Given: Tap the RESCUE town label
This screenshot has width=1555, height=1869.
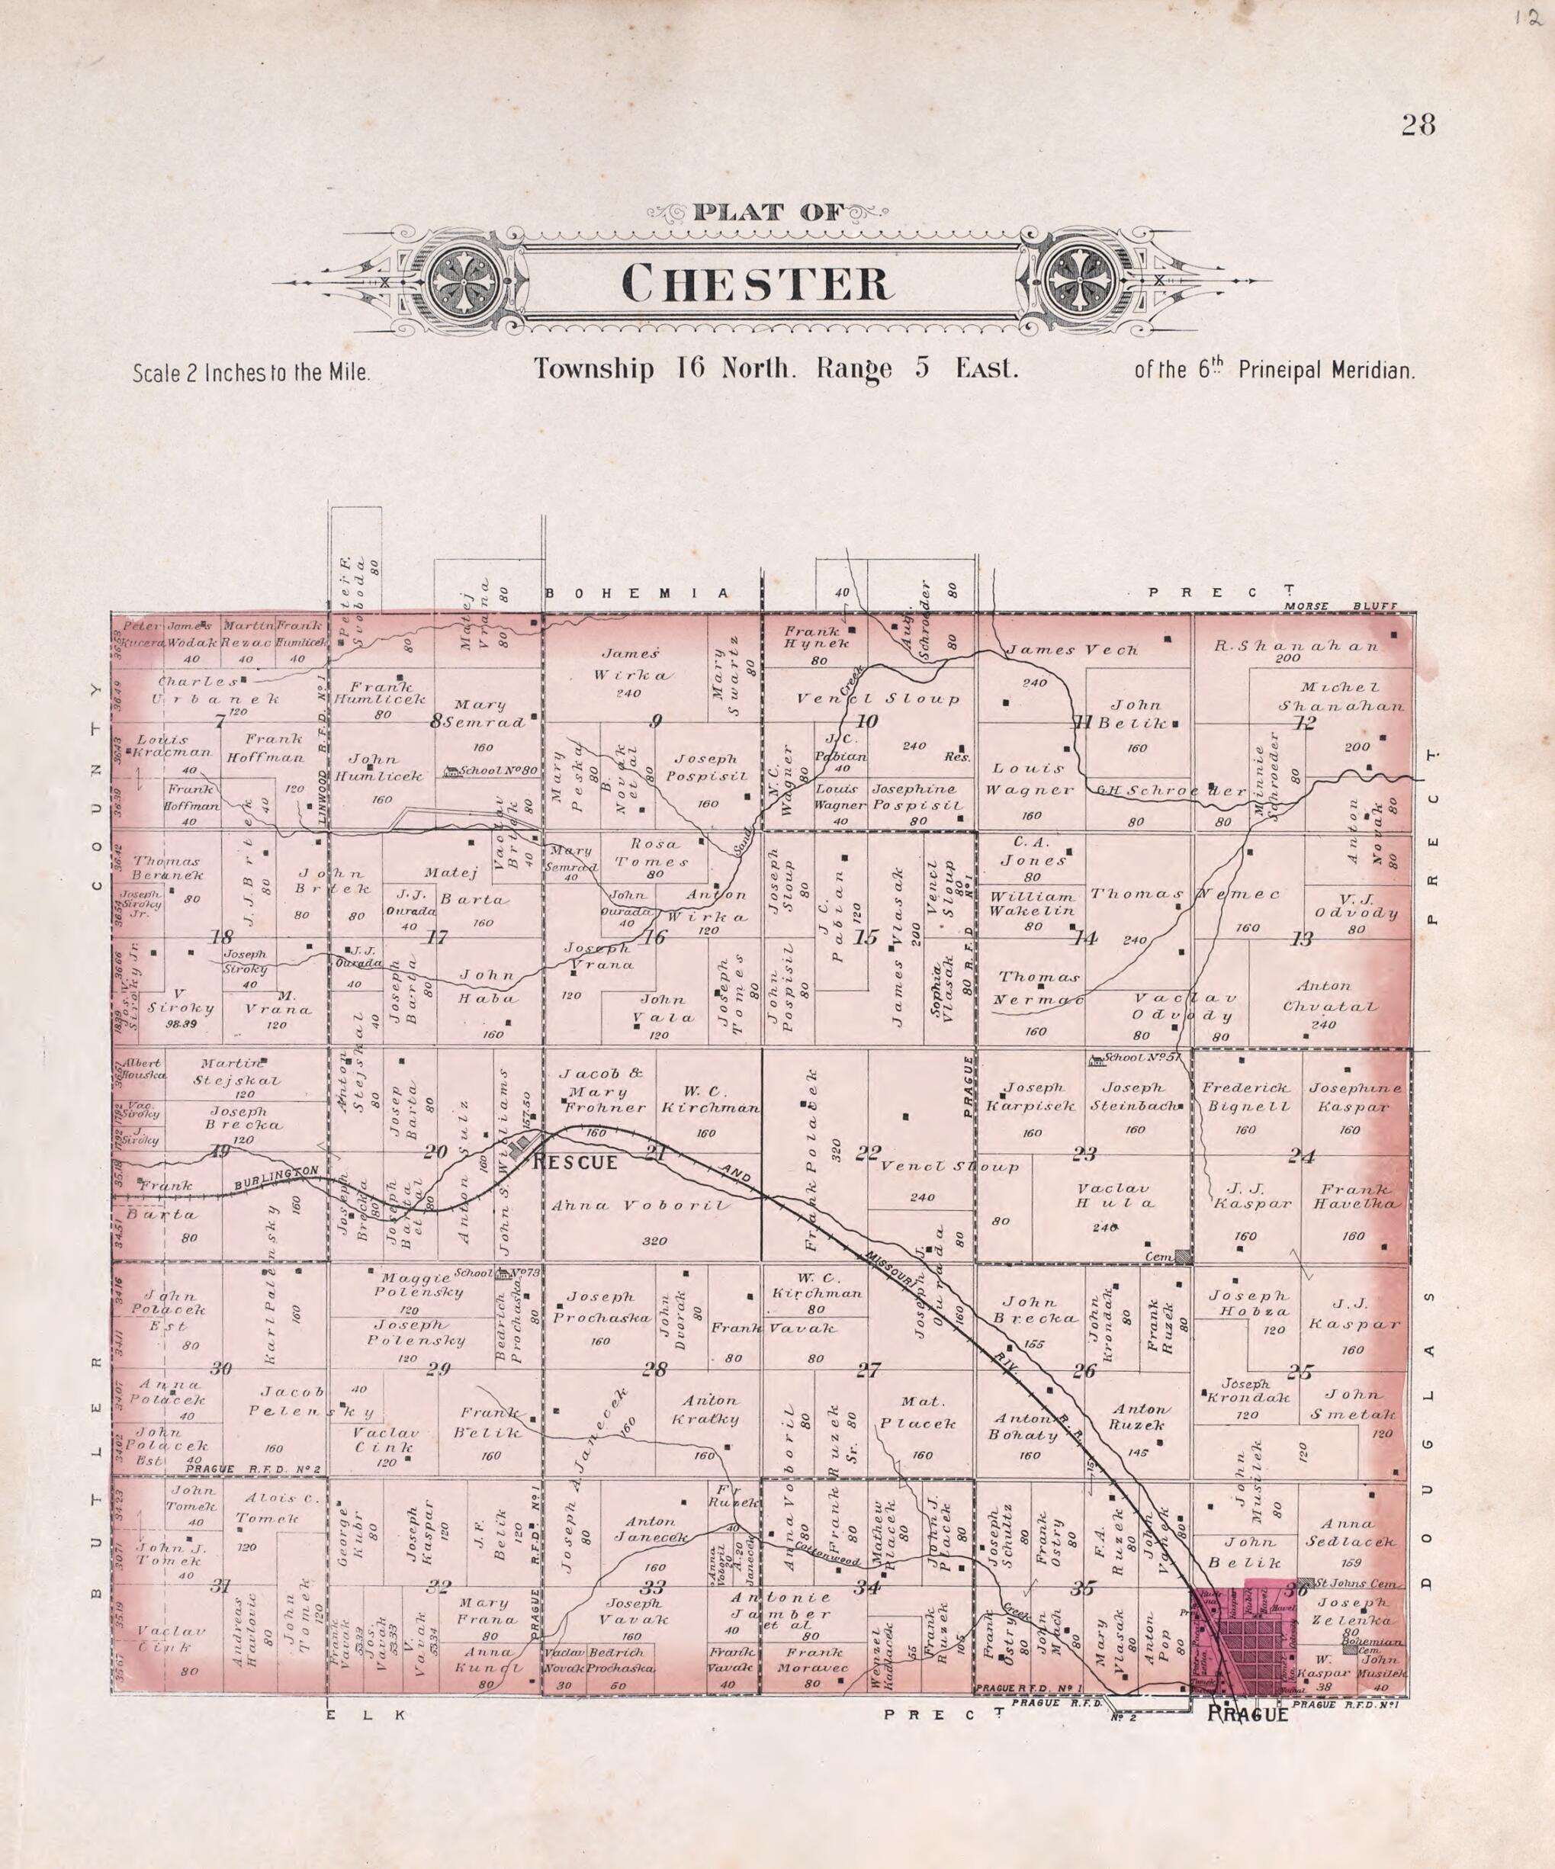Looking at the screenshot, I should [x=575, y=1162].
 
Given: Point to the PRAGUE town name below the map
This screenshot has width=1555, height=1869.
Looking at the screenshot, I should [x=1247, y=1715].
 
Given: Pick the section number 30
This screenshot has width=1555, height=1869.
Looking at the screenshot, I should [x=220, y=1369].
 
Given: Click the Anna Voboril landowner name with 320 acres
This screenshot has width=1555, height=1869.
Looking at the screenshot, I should [x=640, y=1205].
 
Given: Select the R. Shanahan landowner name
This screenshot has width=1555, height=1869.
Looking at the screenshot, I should [x=1295, y=646].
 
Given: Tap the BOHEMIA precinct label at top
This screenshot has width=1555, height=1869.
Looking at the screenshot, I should [x=635, y=592].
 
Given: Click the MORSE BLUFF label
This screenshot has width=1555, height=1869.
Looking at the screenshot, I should [x=1341, y=606].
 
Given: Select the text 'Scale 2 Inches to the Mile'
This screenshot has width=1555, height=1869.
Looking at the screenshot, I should [x=251, y=373].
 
